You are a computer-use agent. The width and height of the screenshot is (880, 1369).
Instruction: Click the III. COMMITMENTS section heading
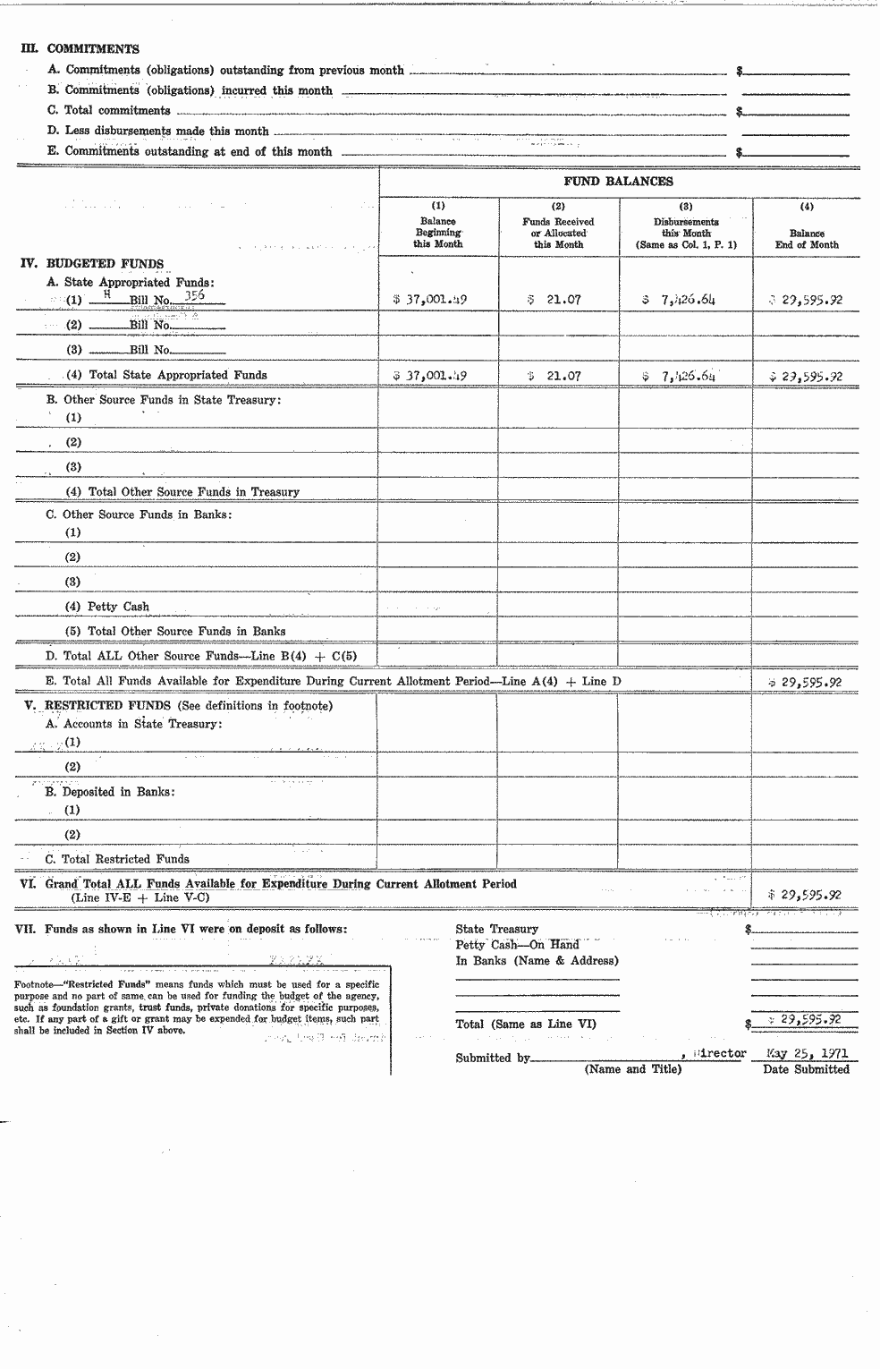80,49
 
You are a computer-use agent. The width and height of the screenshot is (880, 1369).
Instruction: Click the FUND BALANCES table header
618,182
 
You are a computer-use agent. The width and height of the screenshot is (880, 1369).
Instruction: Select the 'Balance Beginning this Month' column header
438,233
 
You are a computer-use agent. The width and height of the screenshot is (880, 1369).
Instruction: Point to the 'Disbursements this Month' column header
686,233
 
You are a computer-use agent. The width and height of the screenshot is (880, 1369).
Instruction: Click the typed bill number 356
194,296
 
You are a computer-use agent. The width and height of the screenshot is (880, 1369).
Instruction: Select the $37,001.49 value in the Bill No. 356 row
430,300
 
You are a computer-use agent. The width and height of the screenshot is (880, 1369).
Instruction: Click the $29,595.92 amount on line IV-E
806,683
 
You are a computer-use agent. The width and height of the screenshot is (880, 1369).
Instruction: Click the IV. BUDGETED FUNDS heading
92,264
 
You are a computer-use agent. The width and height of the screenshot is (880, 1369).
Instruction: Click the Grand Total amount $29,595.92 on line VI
806,895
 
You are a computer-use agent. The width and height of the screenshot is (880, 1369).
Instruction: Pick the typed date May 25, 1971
807,1054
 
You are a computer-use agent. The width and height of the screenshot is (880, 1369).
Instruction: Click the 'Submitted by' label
491,1058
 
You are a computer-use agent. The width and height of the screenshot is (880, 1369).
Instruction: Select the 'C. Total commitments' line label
109,111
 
